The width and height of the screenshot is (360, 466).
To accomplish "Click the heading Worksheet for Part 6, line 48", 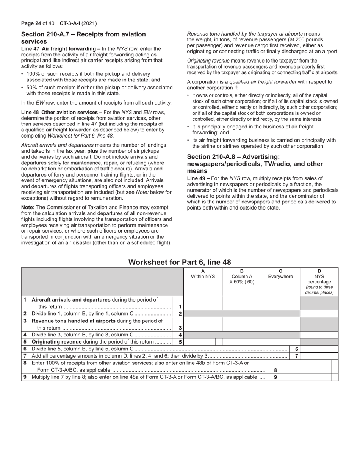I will coord(180,262).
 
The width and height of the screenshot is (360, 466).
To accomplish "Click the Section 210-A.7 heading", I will coord(83,38).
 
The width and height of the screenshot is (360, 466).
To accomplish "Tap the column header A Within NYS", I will coord(203,274).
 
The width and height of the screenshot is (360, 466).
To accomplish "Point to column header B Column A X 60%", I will coord(242,277).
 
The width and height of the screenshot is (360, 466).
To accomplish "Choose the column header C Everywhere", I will coord(280,274).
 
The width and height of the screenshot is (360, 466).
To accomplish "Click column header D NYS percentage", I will coord(319,281).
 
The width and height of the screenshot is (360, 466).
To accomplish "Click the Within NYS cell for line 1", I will coord(203,303).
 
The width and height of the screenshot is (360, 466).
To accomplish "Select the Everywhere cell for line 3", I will coord(280,324).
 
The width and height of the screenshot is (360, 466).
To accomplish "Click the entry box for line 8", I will coord(305,366).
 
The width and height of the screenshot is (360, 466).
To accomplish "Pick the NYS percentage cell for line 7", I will coord(319,356).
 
